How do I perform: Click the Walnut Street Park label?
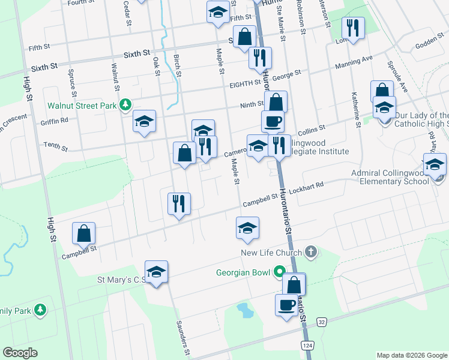[x=82, y=106]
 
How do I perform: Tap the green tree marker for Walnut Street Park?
[x=125, y=106]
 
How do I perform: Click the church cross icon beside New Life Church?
[x=310, y=251]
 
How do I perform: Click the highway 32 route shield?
[x=322, y=322]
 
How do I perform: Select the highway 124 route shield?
[x=308, y=346]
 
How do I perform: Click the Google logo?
[x=20, y=353]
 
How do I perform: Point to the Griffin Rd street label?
[x=56, y=119]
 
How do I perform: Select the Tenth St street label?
[x=55, y=145]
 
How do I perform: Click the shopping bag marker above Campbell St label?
[x=84, y=233]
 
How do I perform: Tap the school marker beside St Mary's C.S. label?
[x=156, y=272]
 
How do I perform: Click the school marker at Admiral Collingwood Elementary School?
[x=435, y=164]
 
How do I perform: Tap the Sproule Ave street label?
[x=397, y=75]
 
